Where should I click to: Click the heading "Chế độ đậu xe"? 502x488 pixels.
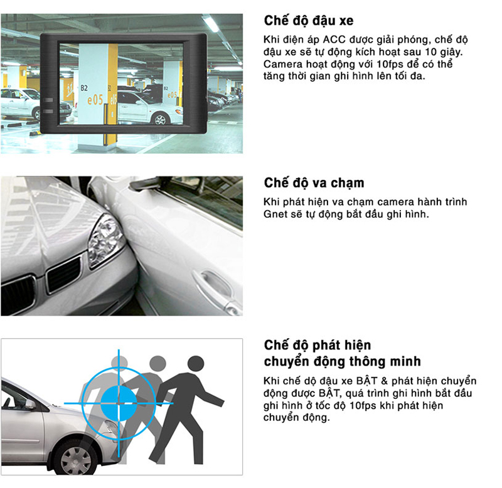(x=309, y=21)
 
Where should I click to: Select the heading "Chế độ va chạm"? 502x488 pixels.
(x=314, y=183)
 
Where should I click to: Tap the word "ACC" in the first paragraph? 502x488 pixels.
(x=334, y=40)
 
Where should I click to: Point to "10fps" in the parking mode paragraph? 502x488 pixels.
(x=390, y=64)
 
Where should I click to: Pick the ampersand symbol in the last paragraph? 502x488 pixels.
(x=384, y=381)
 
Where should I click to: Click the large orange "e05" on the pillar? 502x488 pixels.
(x=95, y=100)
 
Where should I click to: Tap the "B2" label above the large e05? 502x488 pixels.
(x=84, y=88)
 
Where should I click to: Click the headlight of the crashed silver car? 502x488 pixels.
(x=104, y=241)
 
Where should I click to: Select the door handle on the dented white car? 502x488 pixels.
(x=214, y=282)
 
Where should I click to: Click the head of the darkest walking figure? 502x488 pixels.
(x=196, y=364)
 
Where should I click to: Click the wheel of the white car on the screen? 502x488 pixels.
(x=160, y=119)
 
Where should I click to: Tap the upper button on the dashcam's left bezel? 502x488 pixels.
(x=48, y=100)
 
